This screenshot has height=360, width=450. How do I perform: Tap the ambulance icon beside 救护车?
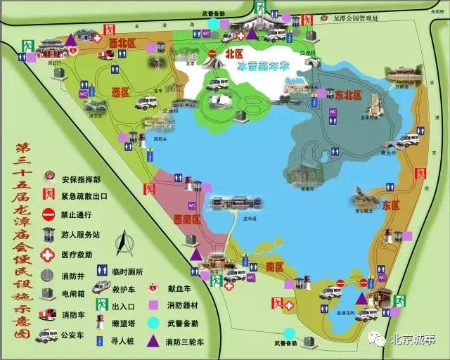click(102, 288)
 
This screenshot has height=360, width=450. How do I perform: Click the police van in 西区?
click(146, 103)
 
